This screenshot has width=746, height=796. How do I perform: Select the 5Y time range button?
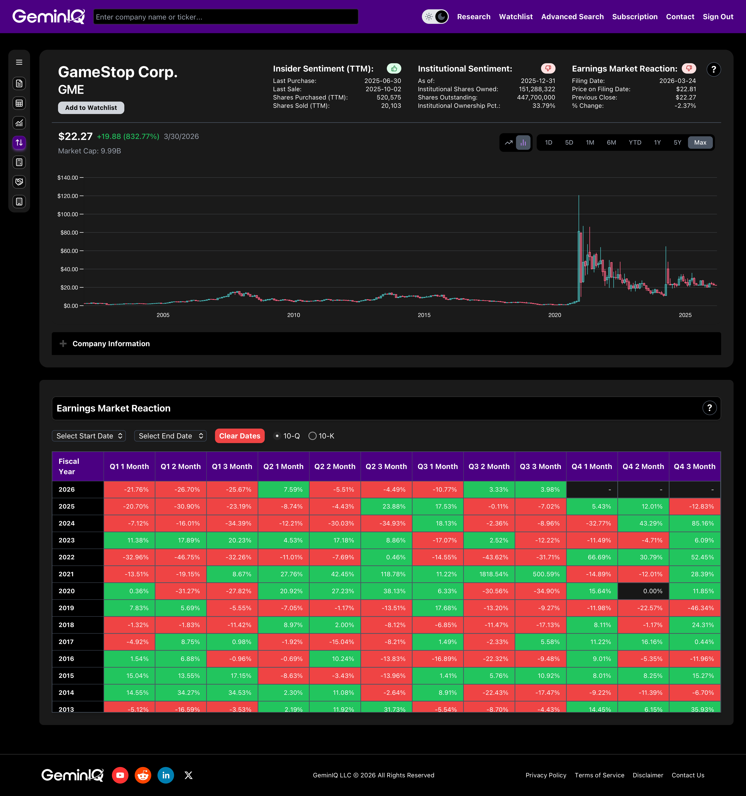[677, 143]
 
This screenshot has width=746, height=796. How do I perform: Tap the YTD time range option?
[635, 143]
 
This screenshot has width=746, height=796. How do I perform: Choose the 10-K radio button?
[313, 436]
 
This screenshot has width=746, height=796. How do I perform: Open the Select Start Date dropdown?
[89, 436]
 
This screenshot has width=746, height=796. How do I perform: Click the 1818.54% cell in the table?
[489, 574]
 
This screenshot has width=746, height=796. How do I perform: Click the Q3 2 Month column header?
[489, 466]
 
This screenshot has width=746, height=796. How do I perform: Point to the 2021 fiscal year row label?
[66, 574]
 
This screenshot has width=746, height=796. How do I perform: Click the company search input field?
[226, 17]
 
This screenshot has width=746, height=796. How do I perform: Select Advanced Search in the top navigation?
[572, 17]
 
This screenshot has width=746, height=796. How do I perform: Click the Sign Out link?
[718, 17]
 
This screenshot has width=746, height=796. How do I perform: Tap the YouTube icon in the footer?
[120, 775]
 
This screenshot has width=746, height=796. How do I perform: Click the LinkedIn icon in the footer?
[166, 775]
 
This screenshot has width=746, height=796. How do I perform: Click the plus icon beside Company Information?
[63, 344]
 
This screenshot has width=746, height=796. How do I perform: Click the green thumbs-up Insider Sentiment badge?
[394, 68]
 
